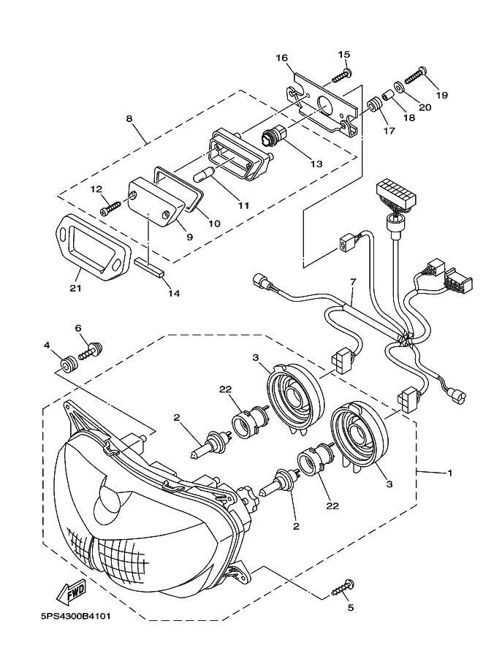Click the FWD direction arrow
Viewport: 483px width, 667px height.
(71, 591)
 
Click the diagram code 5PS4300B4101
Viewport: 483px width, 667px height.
(76, 616)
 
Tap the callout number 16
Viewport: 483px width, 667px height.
(282, 58)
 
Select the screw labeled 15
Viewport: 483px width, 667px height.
(340, 76)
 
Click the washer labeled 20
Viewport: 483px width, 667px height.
(400, 87)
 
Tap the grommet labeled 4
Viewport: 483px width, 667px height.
(69, 365)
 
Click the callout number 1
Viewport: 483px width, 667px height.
(450, 473)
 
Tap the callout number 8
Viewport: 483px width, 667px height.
(129, 118)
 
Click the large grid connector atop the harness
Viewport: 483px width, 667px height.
(395, 195)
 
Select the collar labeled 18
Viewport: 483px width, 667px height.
(387, 96)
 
